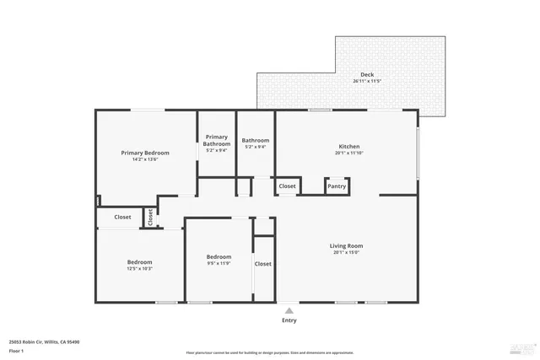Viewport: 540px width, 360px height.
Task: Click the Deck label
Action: click(x=367, y=74)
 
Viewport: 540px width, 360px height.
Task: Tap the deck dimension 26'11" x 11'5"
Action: click(x=367, y=81)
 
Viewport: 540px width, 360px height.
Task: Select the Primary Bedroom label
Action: click(x=145, y=153)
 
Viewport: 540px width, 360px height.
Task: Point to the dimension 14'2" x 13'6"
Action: click(x=145, y=159)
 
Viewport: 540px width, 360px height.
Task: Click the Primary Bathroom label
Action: click(x=216, y=140)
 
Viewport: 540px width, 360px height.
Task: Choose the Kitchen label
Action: click(x=348, y=146)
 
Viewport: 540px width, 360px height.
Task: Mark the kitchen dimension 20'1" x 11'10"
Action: click(x=348, y=153)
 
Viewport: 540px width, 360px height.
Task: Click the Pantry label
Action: click(x=337, y=186)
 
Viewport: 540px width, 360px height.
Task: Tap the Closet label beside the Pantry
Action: click(x=287, y=186)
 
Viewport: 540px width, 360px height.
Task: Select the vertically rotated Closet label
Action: click(x=151, y=217)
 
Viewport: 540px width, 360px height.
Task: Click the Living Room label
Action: click(x=346, y=245)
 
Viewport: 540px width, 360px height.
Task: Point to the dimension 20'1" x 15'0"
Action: click(x=346, y=252)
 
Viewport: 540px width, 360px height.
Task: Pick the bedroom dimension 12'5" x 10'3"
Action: click(x=139, y=269)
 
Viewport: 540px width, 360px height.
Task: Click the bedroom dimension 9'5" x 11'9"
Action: click(x=219, y=263)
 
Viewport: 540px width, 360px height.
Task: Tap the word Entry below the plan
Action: click(x=289, y=320)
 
